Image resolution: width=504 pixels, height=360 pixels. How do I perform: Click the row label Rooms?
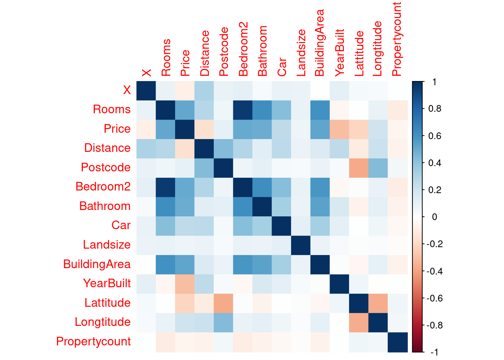coord(112,109)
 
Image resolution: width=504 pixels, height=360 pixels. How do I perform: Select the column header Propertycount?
coord(396,39)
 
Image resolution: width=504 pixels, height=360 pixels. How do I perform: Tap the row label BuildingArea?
coord(97,264)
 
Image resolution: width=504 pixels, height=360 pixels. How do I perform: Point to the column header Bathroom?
coord(262,51)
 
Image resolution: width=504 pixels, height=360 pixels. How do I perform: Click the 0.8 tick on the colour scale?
coord(435,109)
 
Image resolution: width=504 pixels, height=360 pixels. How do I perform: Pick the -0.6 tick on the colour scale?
coord(435,298)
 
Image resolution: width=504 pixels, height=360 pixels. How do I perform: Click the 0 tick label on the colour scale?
coord(435,217)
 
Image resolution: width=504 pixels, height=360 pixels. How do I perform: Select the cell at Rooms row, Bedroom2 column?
coord(243,110)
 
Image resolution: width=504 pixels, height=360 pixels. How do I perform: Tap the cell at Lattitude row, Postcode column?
coord(223,303)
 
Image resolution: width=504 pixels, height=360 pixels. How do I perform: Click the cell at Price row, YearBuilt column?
coord(339,129)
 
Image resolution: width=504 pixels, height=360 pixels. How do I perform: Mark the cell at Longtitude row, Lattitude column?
coord(359,322)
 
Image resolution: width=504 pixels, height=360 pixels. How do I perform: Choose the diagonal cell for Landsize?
coord(301,245)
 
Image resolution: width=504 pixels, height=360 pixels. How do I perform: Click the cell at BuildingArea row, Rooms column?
coord(165,264)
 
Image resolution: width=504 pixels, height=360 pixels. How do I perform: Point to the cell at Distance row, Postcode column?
coord(223,148)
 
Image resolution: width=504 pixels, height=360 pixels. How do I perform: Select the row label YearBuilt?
coord(107,283)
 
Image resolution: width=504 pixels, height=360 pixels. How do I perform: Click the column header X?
coord(146,72)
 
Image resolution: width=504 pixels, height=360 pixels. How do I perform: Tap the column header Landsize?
coord(301,53)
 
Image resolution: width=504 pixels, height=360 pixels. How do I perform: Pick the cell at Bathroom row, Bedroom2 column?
coord(243,206)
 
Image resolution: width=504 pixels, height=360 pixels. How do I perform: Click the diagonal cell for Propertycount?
coord(397,342)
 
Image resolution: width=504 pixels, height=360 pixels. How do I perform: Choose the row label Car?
coord(121,225)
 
